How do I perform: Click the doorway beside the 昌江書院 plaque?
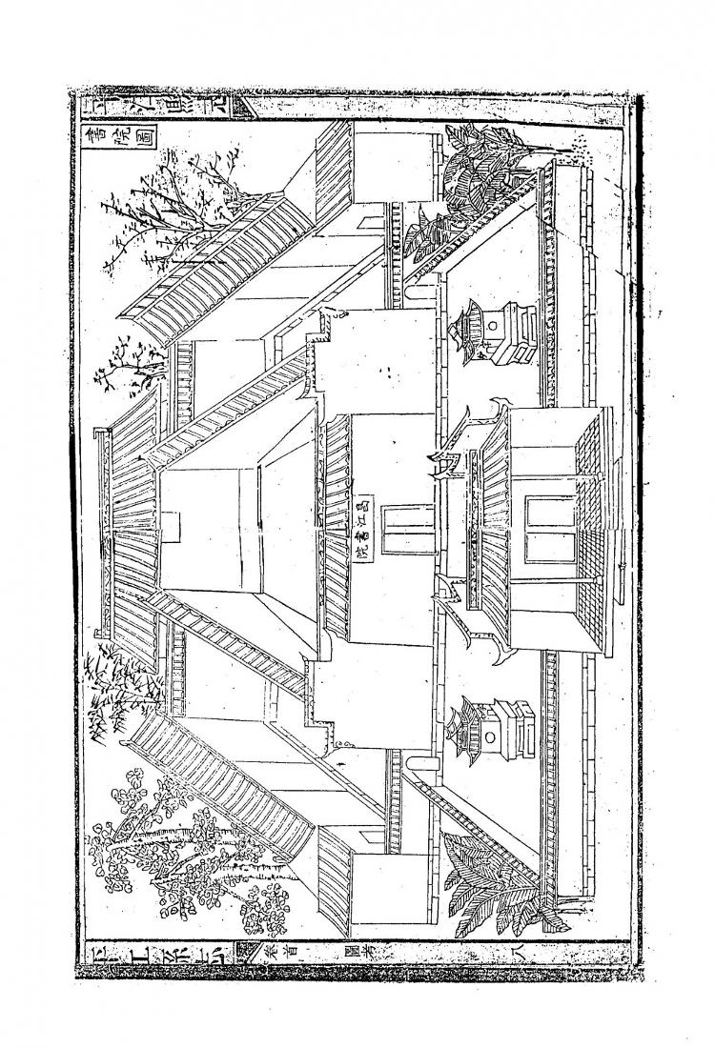pos(394,526)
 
